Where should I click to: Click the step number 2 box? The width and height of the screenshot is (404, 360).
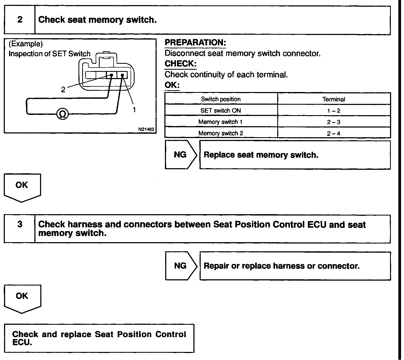(x=20, y=20)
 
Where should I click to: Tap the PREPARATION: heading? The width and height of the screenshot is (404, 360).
(x=195, y=43)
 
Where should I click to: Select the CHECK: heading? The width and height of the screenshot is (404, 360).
(x=180, y=64)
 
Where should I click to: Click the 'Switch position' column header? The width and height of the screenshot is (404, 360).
(x=221, y=99)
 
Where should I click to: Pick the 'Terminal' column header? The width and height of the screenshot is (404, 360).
(x=334, y=99)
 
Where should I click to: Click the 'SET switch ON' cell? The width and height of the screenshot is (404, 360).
(x=221, y=111)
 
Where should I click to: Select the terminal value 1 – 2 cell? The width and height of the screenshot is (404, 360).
(x=334, y=111)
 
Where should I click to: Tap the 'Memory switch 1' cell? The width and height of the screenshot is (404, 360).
(x=221, y=122)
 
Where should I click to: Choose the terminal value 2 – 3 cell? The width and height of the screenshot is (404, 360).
(x=334, y=122)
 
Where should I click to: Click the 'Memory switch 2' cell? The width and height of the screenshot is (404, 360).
(x=221, y=133)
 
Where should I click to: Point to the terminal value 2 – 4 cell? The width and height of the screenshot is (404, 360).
(x=334, y=133)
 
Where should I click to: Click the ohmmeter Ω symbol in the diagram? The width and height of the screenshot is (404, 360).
(x=62, y=114)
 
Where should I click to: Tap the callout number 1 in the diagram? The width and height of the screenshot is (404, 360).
(x=134, y=110)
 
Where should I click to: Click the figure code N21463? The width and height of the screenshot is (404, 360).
(x=146, y=129)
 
